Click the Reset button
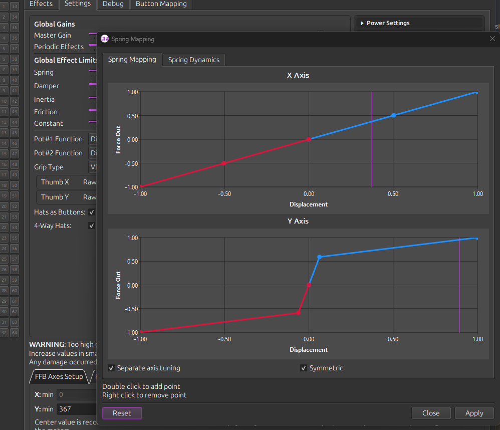[122, 413]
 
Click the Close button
[430, 413]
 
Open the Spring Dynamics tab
[193, 60]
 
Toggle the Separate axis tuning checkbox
[111, 368]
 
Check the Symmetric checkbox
[304, 368]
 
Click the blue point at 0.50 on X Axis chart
[394, 115]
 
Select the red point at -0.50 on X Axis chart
[224, 163]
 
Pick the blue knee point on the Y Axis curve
[320, 257]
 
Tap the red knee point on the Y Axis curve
[298, 313]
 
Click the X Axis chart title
[298, 75]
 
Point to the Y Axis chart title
[298, 221]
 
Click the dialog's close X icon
[492, 39]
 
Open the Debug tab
[113, 4]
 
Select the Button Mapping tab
[161, 4]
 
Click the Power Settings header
[388, 23]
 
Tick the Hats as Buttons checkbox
[92, 212]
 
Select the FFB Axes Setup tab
[59, 376]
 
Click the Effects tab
[41, 4]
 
